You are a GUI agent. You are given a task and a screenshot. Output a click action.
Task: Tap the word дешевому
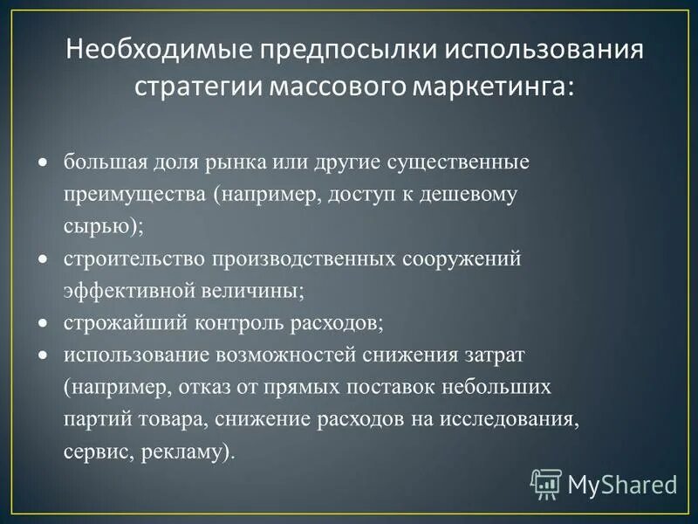click(476, 195)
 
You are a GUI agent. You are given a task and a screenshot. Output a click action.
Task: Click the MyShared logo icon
click(546, 482)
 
